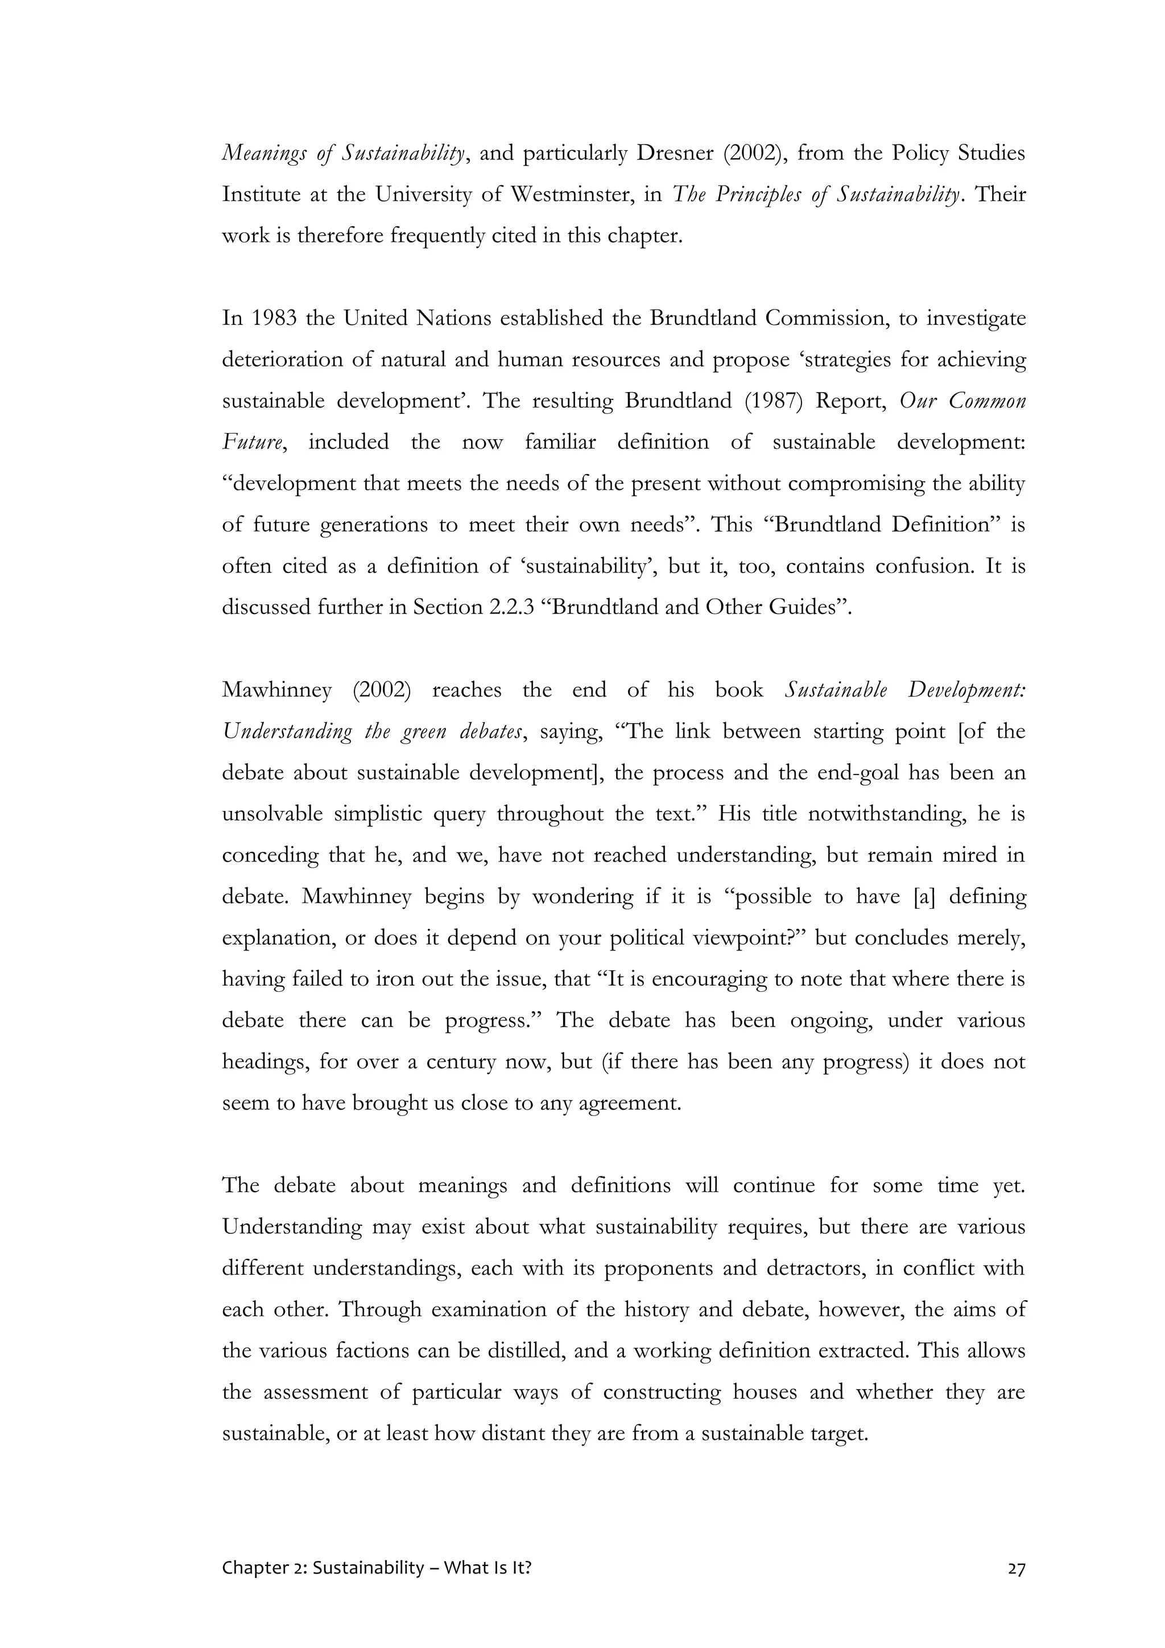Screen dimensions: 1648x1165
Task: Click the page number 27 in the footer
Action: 1017,1568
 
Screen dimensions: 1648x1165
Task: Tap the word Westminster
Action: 572,195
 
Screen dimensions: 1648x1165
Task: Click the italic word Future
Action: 250,442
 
